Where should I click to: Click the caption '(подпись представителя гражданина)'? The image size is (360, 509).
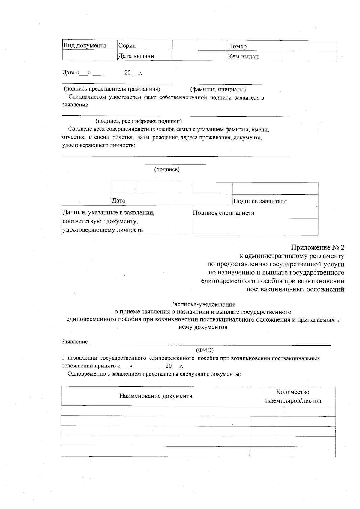point(112,89)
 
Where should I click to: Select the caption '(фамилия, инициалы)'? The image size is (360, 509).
point(218,89)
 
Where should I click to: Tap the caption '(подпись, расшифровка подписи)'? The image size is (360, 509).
point(139,121)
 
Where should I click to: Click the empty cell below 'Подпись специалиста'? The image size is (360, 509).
point(255,226)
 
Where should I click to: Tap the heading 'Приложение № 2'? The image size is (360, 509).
point(317,248)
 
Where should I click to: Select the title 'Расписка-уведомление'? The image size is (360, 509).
point(203,304)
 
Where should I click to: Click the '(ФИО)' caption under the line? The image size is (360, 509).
point(205,350)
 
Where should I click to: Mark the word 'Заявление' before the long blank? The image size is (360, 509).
point(75,342)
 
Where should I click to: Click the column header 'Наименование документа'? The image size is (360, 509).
point(156,396)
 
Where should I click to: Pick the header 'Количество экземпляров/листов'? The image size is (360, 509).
point(292,396)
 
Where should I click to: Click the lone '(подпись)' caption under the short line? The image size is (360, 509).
point(167,169)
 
